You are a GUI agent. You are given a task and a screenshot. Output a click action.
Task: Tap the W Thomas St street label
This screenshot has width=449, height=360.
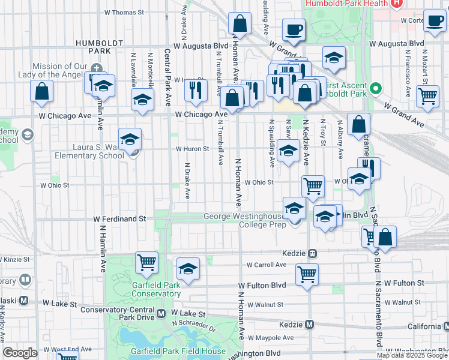pos(124,12)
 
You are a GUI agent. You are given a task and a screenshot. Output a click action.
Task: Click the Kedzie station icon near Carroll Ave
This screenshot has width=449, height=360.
pos(312,253)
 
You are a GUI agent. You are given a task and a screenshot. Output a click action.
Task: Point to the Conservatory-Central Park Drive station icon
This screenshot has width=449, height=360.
pos(161,313)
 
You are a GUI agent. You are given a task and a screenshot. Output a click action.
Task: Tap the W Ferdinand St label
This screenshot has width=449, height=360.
pos(119,220)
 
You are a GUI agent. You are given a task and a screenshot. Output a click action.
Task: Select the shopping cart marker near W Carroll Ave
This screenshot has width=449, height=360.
pos(146,262)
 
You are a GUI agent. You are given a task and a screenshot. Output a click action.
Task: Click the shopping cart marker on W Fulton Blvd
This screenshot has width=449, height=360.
pos(307,274)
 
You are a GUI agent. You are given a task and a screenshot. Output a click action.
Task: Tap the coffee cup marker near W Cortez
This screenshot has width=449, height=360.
pos(434,20)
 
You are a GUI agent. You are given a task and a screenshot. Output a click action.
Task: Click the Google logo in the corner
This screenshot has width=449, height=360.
pos(20,353)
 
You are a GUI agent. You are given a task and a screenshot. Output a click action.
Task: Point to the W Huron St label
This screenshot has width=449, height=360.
pos(192,149)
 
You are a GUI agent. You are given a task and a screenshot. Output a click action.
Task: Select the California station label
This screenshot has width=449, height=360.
pos(423,326)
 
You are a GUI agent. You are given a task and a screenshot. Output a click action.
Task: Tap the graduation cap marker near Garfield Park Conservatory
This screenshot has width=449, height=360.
pos(188,269)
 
